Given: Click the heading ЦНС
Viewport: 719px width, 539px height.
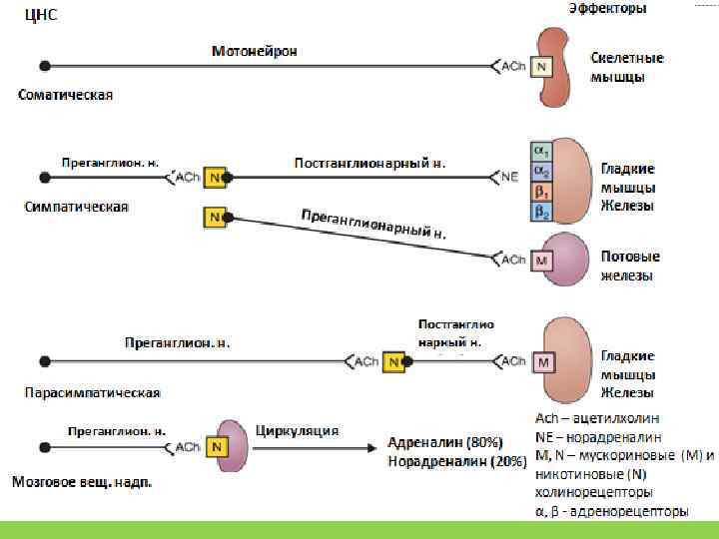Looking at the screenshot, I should tap(27, 15).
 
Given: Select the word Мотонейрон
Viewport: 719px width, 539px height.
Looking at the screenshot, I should tap(254, 51).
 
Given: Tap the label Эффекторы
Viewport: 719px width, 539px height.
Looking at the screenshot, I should tap(607, 8).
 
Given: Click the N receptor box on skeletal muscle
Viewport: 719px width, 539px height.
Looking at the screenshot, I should tap(540, 67).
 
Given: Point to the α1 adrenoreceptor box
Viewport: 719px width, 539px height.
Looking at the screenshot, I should tap(540, 151).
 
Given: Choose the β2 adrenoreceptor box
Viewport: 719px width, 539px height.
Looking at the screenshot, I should tap(540, 212).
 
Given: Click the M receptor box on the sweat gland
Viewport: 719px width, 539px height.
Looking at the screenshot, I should tap(541, 261).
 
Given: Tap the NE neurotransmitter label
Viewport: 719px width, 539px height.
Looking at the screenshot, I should tap(509, 178).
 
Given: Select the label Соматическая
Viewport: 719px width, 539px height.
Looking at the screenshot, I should tap(66, 96).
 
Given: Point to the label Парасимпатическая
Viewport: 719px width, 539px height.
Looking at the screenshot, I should tap(93, 392).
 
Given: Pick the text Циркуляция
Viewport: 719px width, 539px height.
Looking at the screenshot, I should tap(298, 431).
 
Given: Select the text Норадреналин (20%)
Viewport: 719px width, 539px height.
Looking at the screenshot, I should tap(456, 461).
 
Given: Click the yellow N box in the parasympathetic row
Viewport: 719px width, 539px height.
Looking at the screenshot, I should tap(394, 361).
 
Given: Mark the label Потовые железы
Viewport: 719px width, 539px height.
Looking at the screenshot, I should tap(629, 266).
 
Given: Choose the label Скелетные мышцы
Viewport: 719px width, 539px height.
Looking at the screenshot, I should tap(626, 67).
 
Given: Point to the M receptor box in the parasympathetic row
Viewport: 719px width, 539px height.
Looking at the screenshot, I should tap(543, 362).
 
